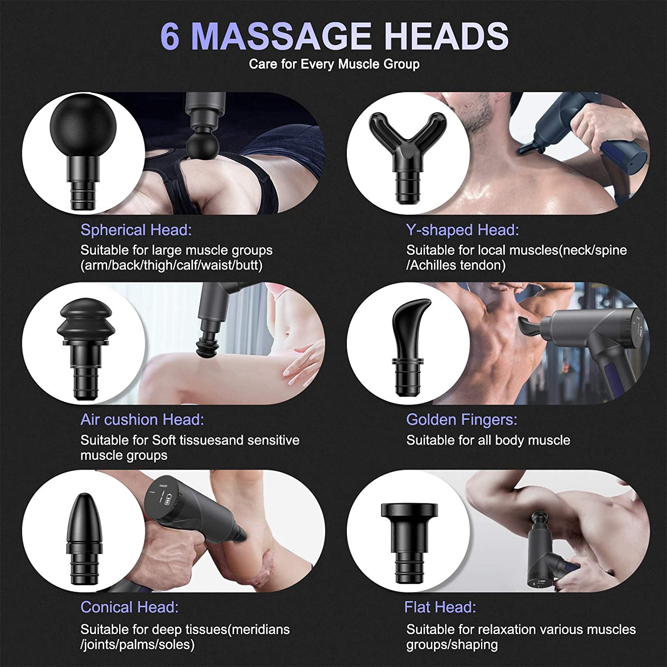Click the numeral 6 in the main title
click(x=170, y=36)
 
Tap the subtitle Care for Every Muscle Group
click(x=334, y=64)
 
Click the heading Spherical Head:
click(x=136, y=230)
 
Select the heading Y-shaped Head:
click(x=462, y=230)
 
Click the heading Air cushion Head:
click(x=142, y=419)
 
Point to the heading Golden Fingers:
click(x=462, y=420)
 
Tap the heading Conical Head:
click(x=130, y=607)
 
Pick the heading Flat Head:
click(x=440, y=607)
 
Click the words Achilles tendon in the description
click(x=458, y=265)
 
